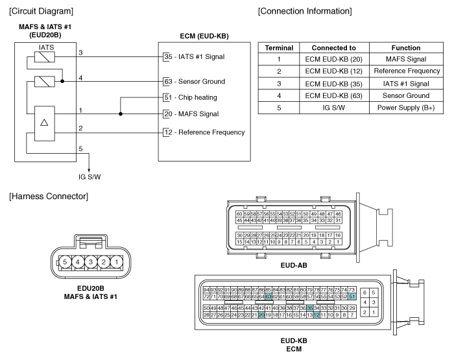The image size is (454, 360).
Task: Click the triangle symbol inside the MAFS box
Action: coord(44,123)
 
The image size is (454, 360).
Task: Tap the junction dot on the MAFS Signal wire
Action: coord(121,114)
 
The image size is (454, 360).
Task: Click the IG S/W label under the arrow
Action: coord(90,177)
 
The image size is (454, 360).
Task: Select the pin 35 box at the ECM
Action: coord(167,57)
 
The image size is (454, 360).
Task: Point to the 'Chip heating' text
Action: coord(197,97)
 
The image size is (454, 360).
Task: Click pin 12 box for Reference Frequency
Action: coord(168,132)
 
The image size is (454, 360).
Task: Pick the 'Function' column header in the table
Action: coord(406,48)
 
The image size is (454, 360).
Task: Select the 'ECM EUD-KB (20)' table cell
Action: coord(334,59)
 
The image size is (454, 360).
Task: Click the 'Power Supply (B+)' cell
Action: coord(406,108)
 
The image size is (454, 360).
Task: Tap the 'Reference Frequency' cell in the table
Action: coord(407,71)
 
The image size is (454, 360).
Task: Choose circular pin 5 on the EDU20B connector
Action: coord(65,262)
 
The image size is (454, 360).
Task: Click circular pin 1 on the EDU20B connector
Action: coord(116,262)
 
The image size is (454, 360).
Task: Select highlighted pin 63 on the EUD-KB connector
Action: coord(269,296)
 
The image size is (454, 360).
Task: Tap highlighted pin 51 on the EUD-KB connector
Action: coord(352,296)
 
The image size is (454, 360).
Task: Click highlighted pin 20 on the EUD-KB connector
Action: coord(261,315)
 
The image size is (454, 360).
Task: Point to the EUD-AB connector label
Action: coord(294,265)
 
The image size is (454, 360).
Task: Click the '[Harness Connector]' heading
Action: coord(49,197)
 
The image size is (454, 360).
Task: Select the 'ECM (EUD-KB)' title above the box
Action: coord(204,36)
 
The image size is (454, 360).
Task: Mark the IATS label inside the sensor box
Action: coord(46,47)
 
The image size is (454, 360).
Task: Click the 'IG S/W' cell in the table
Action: coord(334,108)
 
